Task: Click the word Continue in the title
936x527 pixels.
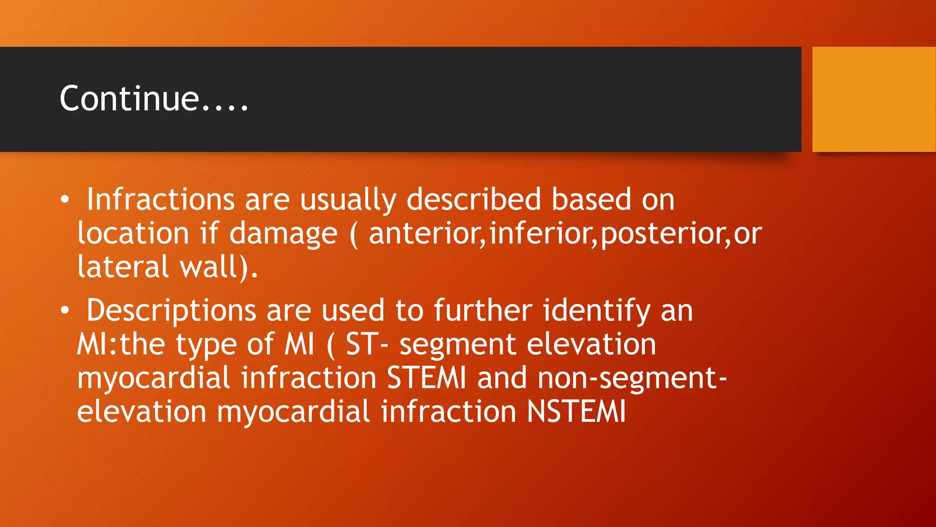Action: click(x=129, y=99)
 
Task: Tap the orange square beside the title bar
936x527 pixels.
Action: click(x=873, y=99)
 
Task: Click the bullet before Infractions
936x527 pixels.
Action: click(x=65, y=200)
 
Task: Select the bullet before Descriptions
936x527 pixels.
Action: click(x=65, y=311)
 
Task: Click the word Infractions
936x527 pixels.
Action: click(x=160, y=200)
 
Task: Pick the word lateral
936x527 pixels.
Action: click(x=123, y=267)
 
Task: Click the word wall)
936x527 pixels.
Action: click(x=218, y=267)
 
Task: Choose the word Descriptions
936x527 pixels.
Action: click(x=171, y=311)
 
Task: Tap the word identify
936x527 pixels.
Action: click(x=596, y=311)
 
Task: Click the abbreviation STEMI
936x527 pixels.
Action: click(x=426, y=378)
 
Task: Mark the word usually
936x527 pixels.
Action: click(x=348, y=200)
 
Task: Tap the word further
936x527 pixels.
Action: click(x=483, y=311)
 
